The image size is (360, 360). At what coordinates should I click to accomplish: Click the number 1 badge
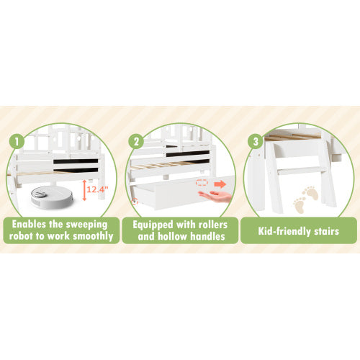pyautogui.click(x=17, y=141)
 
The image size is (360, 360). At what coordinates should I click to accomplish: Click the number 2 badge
pyautogui.click(x=136, y=141)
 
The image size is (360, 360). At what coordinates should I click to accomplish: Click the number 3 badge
pyautogui.click(x=256, y=141)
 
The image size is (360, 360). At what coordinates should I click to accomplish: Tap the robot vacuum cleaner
pyautogui.click(x=52, y=197)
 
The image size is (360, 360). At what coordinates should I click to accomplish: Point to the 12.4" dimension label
pyautogui.click(x=97, y=189)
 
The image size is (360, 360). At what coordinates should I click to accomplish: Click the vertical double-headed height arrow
pyautogui.click(x=84, y=190)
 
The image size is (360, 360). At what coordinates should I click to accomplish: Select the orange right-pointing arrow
pyautogui.click(x=220, y=184)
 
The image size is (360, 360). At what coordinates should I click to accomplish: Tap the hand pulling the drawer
pyautogui.click(x=215, y=196)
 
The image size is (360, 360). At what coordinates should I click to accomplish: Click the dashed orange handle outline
pyautogui.click(x=202, y=183)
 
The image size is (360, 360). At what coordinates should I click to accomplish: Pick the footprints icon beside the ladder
pyautogui.click(x=305, y=199)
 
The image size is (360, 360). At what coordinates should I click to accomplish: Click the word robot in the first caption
pyautogui.click(x=22, y=236)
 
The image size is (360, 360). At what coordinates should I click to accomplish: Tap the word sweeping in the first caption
pyautogui.click(x=86, y=225)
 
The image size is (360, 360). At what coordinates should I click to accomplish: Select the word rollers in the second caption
pyautogui.click(x=213, y=225)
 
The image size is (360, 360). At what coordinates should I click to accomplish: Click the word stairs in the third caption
pyautogui.click(x=327, y=231)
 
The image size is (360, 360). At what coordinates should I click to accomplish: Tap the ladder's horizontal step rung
pyautogui.click(x=302, y=171)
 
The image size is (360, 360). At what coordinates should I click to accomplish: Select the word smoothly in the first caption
pyautogui.click(x=93, y=237)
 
